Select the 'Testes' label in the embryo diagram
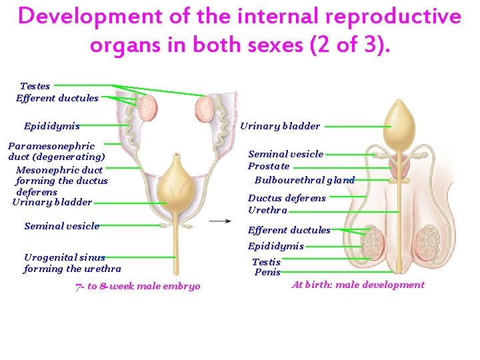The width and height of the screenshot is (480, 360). pos(35,86)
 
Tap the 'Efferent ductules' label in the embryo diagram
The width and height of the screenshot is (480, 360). pos(57,98)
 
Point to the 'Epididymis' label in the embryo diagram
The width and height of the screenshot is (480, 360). pos(51,126)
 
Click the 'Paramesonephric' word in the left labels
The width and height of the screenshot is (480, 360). pos(51,146)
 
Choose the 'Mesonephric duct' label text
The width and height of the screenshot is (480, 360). pos(59,169)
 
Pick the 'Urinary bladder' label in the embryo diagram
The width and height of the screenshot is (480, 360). pos(52,202)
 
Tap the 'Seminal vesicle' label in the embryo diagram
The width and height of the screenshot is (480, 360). pos(61,226)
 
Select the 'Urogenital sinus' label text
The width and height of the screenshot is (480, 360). pos(65,257)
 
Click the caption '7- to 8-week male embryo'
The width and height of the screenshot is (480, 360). pos(138,287)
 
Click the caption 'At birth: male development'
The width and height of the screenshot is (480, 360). pos(358,285)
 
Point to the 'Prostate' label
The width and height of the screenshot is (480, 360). pos(269,166)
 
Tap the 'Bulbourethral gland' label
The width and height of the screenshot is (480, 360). pos(305,180)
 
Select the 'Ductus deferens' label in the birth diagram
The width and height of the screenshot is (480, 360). pos(287,198)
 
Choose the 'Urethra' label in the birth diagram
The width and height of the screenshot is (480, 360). pos(267,210)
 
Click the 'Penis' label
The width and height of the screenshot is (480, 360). pos(267,272)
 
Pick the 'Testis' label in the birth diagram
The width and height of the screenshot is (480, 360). pos(266,263)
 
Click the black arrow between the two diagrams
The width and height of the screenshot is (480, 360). pos(220,221)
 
